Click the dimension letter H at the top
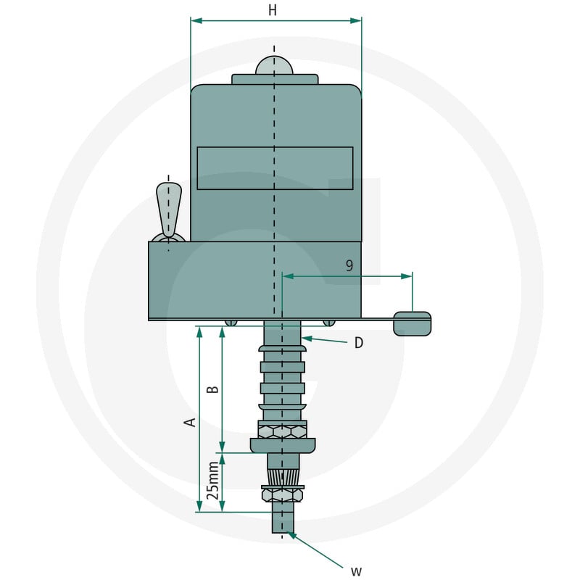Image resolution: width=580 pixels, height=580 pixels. [x=273, y=10]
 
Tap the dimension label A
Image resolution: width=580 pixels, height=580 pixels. [x=190, y=422]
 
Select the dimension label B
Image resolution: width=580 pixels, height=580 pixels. [x=212, y=389]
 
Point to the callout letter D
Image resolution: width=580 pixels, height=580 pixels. [x=358, y=343]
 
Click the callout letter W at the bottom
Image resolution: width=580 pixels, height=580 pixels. [x=356, y=571]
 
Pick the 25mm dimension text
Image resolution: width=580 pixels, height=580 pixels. [x=212, y=481]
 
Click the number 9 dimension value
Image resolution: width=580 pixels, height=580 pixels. [x=349, y=265]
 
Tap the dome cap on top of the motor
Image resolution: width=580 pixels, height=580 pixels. [x=274, y=65]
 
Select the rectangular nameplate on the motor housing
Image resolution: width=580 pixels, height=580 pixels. [x=275, y=168]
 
